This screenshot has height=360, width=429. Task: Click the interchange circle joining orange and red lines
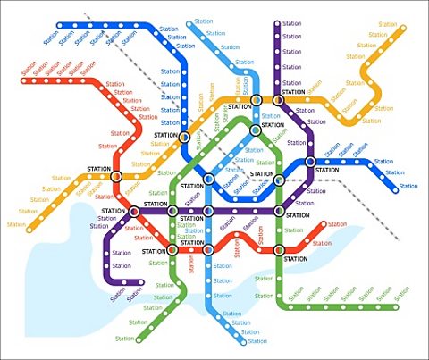click(x=115, y=176)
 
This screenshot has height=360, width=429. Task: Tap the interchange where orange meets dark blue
click(x=185, y=138)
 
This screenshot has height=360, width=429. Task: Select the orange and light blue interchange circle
click(x=257, y=100)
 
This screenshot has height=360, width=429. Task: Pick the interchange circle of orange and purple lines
click(x=278, y=100)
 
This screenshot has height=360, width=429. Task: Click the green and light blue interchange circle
click(x=256, y=130)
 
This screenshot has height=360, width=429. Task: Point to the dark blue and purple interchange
click(x=310, y=162)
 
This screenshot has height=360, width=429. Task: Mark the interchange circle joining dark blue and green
click(x=279, y=180)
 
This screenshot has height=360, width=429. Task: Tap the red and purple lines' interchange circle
click(x=134, y=212)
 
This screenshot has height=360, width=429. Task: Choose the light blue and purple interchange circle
click(x=207, y=212)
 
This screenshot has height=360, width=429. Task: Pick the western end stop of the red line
click(x=25, y=81)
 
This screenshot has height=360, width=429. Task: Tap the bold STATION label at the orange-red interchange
click(x=98, y=169)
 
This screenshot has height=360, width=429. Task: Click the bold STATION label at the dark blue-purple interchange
click(x=327, y=170)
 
